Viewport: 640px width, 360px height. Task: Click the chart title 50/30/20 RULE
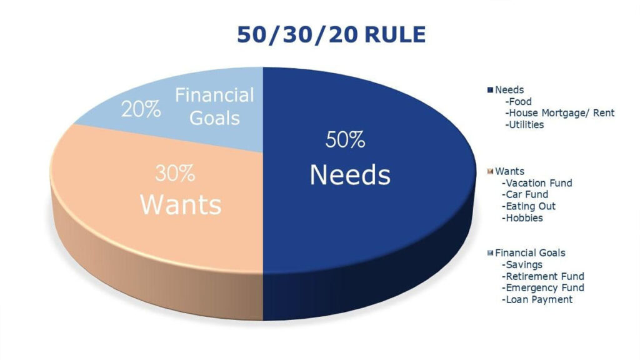point(331,34)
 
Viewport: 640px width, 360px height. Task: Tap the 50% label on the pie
point(345,140)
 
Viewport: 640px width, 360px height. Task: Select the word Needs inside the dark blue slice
point(350,175)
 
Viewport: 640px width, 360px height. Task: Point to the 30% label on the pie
point(175,173)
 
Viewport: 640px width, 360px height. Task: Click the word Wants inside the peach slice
point(181,204)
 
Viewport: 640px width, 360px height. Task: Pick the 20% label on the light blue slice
point(141,109)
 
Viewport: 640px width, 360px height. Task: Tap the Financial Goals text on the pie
point(215,106)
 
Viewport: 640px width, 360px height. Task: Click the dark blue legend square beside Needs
point(490,90)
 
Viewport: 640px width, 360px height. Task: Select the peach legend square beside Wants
point(490,171)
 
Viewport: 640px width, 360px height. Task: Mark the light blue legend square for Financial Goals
point(490,253)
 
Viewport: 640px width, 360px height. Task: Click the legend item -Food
point(518,102)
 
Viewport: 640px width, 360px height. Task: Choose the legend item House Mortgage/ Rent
point(559,113)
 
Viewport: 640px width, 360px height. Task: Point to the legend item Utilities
point(524,125)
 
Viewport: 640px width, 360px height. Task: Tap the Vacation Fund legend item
point(537,183)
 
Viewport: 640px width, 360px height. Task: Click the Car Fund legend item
point(525,195)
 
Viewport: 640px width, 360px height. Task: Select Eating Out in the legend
point(529,206)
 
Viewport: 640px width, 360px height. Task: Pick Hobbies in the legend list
point(522,218)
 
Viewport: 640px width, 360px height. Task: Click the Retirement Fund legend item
point(543,276)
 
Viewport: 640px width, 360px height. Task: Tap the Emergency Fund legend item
point(543,287)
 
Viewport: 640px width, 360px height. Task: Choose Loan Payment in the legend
point(537,299)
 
